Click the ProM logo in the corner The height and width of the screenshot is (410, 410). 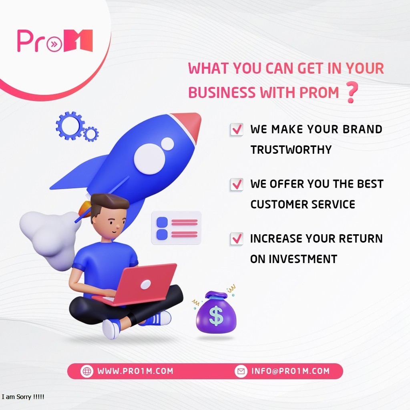(55, 41)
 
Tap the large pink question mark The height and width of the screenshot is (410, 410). (352, 92)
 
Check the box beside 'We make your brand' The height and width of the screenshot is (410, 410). (237, 129)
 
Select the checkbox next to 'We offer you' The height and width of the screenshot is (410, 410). (237, 184)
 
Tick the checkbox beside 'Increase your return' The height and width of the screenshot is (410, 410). (237, 239)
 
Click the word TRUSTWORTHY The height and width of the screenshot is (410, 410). (291, 150)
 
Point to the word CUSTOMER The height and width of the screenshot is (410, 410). (279, 205)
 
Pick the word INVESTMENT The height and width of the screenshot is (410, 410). (303, 259)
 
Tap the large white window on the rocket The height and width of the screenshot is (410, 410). (149, 159)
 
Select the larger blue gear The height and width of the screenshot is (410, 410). (70, 125)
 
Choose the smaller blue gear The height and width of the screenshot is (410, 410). (91, 134)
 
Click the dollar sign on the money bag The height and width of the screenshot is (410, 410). (216, 316)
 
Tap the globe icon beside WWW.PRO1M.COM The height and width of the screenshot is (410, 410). (87, 371)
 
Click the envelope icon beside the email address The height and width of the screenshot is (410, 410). (241, 371)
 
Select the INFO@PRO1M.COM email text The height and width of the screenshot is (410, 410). (290, 371)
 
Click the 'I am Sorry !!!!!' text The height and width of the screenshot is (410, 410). (23, 397)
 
